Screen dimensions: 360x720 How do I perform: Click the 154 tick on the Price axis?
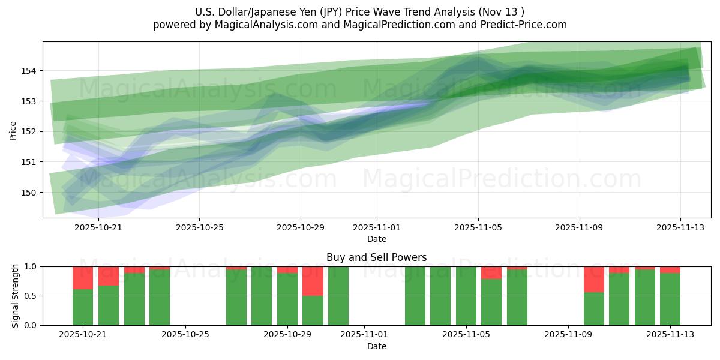click(31, 71)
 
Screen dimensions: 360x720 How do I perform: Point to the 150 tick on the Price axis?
click(31, 193)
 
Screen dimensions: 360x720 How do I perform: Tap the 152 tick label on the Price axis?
click(31, 131)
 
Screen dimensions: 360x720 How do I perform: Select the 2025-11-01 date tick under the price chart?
click(377, 227)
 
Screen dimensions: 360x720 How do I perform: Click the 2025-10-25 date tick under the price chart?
click(199, 227)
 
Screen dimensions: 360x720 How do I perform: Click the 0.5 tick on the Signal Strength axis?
click(31, 296)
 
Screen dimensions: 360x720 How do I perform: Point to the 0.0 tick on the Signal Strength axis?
click(31, 325)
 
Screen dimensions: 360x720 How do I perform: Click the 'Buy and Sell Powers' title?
click(376, 257)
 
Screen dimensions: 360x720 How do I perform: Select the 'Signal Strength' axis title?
click(16, 296)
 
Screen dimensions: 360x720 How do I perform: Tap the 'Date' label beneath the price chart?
click(377, 239)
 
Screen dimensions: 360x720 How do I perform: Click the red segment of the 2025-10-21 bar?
click(83, 278)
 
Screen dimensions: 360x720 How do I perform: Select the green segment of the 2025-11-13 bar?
click(670, 299)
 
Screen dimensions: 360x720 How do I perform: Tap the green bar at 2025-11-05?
click(466, 296)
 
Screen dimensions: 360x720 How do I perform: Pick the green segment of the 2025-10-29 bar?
click(287, 299)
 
